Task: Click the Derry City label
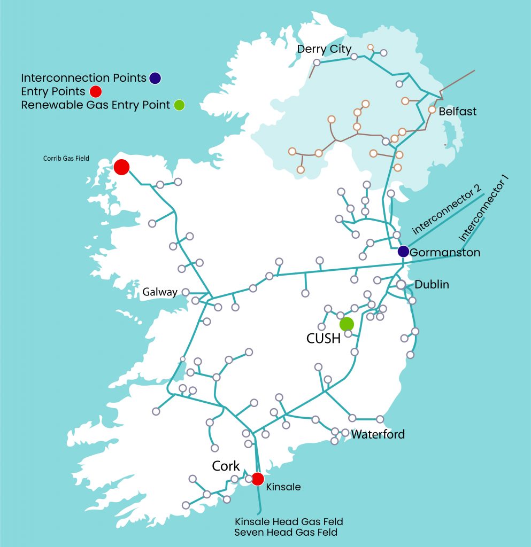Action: (324, 49)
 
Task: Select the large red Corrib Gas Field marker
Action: (121, 167)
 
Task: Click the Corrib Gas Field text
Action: (66, 159)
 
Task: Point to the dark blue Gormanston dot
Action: (403, 251)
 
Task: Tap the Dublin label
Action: (432, 285)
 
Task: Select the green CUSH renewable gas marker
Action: (347, 324)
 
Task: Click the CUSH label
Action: (324, 339)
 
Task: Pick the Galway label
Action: (160, 292)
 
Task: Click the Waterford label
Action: (378, 434)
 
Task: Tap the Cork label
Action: (226, 466)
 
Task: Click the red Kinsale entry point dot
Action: (258, 479)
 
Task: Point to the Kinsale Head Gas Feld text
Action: (289, 521)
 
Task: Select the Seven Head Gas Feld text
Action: (286, 533)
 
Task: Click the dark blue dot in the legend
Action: (155, 78)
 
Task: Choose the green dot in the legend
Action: (179, 105)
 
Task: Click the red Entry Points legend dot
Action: (96, 91)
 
